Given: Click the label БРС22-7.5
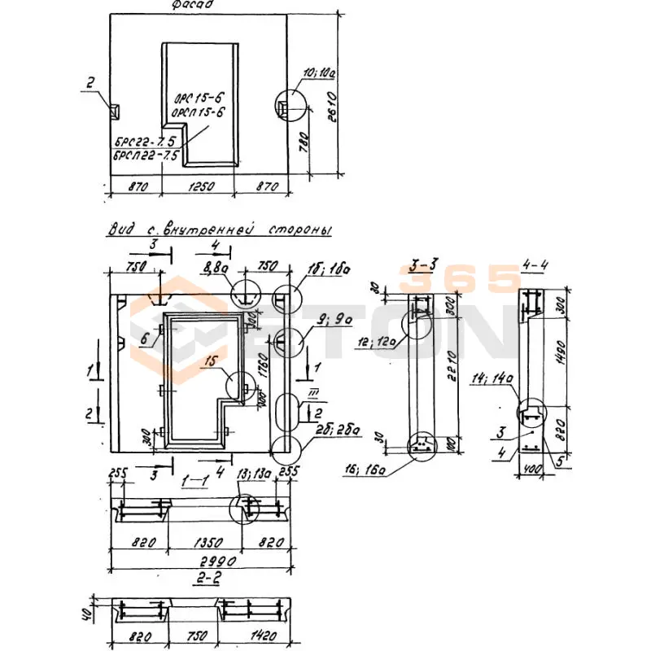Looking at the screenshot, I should coord(143,142).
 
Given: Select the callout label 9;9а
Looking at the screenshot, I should coord(335,321).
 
